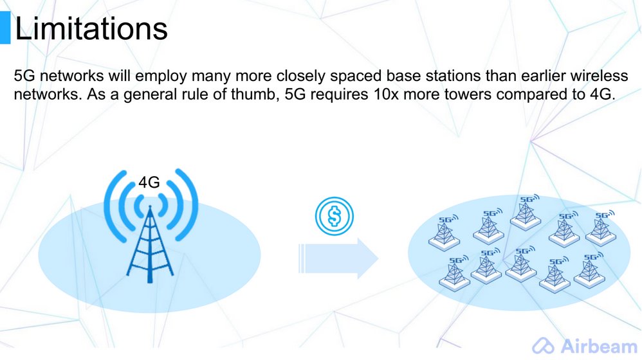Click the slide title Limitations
pyautogui.click(x=91, y=28)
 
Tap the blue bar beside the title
pyautogui.click(x=5, y=28)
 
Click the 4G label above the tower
pyautogui.click(x=149, y=183)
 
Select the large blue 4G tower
pyautogui.click(x=150, y=226)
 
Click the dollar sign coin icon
pyautogui.click(x=335, y=216)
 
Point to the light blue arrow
pyautogui.click(x=338, y=258)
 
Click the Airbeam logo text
pyautogui.click(x=599, y=346)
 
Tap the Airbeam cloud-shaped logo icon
pyautogui.click(x=544, y=346)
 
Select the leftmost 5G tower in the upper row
pyautogui.click(x=445, y=233)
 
